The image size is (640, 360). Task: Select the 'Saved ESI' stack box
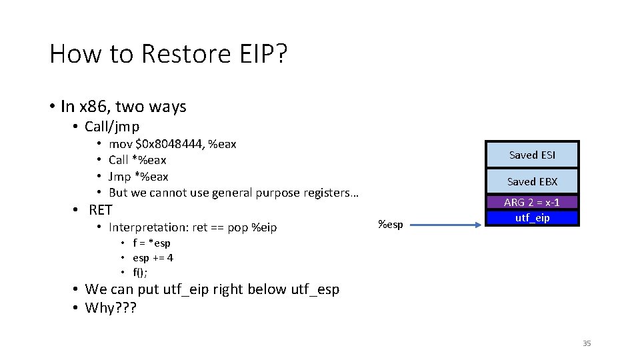click(531, 155)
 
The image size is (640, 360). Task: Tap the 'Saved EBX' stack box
click(531, 181)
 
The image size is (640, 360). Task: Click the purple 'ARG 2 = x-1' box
click(531, 203)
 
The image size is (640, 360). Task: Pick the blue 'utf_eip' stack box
click(531, 218)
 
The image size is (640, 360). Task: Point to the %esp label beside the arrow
click(390, 225)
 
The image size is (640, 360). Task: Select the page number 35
click(587, 343)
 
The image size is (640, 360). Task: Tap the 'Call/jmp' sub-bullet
click(112, 127)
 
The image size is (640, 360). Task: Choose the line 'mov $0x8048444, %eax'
click(172, 144)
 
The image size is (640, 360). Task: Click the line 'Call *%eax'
click(137, 160)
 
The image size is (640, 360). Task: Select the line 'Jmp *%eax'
click(138, 177)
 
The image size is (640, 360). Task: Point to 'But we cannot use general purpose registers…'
click(233, 193)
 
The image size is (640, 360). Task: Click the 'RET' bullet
click(101, 210)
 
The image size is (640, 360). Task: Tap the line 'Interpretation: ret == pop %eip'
click(192, 228)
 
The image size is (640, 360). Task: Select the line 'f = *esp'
click(151, 243)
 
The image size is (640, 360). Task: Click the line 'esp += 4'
click(153, 258)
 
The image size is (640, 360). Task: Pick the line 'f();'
click(140, 272)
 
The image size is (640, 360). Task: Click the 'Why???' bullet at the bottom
click(110, 308)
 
